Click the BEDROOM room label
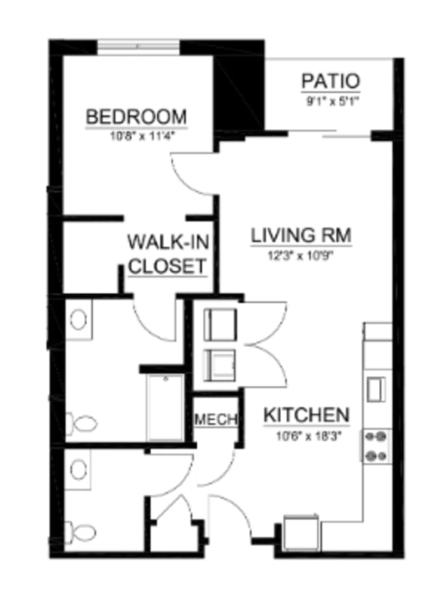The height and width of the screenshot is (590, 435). coord(136,117)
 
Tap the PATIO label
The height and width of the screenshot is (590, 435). coord(330,81)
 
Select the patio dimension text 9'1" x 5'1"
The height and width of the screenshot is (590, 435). coord(330,98)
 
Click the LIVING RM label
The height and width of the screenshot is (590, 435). coord(301,236)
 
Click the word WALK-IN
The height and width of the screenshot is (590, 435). coord(168,242)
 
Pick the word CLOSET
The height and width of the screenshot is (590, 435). coord(168,266)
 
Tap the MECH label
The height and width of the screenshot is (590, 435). coord(217,419)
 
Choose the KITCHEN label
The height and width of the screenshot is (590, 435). coord(306,415)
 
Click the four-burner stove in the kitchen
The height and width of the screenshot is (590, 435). coord(376,446)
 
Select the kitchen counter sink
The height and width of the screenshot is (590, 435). coord(375,388)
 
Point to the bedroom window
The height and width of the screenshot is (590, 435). coord(138,46)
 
